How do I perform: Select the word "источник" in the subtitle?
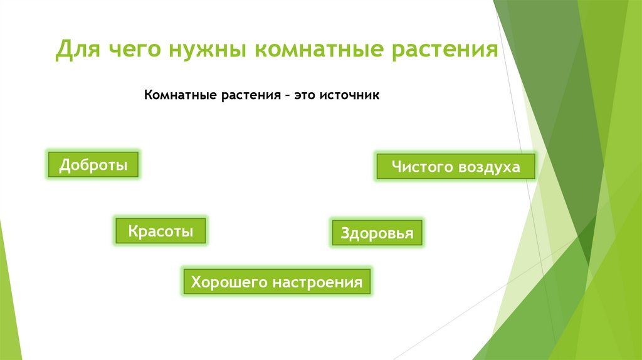[x=350, y=96]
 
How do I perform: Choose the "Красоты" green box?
[x=160, y=231]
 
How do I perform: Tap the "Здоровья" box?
[x=377, y=233]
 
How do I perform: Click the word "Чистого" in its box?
[x=418, y=167]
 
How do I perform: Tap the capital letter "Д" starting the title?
[x=63, y=50]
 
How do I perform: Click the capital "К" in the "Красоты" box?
[x=133, y=231]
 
